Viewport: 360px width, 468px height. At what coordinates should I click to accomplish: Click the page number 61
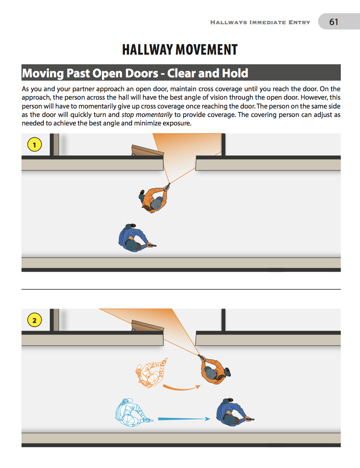pos(333,22)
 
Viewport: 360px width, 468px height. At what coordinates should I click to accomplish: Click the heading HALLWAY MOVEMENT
pos(180,50)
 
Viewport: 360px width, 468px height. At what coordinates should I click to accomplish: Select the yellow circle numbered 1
pos(34,145)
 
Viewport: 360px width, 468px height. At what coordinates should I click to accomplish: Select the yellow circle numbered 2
pos(34,320)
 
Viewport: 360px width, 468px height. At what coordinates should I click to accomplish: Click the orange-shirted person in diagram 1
pos(154,199)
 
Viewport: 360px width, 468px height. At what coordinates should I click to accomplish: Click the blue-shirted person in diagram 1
pos(133,238)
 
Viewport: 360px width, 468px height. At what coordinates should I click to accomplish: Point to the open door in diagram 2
pos(148,326)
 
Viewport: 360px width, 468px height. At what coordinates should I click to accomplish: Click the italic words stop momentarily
pos(147,115)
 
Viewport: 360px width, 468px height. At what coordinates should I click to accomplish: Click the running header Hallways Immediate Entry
pos(260,22)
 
